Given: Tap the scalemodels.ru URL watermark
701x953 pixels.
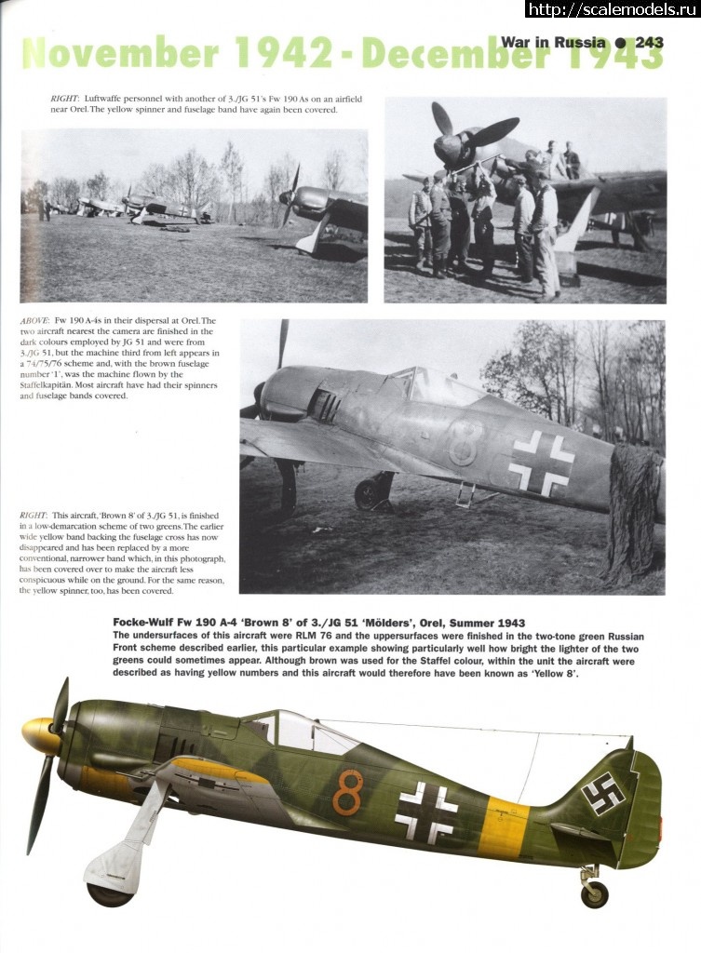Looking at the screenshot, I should [x=612, y=9].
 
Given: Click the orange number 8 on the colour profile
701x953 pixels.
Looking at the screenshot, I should [x=347, y=792].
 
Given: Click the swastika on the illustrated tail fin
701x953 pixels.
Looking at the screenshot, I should [x=602, y=793].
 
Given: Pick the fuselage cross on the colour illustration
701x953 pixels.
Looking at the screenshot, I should [x=425, y=812].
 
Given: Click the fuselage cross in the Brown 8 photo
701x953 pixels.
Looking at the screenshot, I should [x=541, y=463].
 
